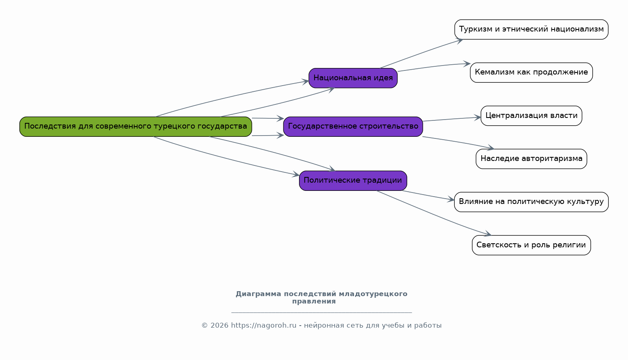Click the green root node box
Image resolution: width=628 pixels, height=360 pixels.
[136, 127]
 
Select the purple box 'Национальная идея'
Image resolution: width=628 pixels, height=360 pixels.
[353, 78]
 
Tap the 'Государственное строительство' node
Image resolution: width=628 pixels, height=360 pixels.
[353, 127]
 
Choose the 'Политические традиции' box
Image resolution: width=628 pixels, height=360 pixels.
[353, 181]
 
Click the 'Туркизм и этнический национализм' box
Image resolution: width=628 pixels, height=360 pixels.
[531, 29]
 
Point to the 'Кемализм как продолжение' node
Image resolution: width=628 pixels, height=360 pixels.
[531, 72]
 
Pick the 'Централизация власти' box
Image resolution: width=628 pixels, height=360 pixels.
[531, 116]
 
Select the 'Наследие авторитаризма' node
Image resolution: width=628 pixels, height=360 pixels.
[531, 159]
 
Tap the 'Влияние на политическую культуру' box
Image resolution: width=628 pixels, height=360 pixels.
[531, 202]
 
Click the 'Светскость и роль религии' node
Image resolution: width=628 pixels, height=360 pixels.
[531, 245]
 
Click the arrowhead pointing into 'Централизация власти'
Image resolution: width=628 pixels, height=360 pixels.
[477, 118]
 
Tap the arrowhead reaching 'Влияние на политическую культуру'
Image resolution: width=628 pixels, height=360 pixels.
[451, 199]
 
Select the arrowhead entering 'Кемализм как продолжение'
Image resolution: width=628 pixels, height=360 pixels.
[467, 64]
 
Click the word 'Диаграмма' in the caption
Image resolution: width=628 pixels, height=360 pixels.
[258, 294]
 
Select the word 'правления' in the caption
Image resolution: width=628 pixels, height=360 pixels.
[314, 301]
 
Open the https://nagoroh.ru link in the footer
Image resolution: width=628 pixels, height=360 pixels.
[263, 326]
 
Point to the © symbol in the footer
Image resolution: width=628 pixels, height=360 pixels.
[205, 326]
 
